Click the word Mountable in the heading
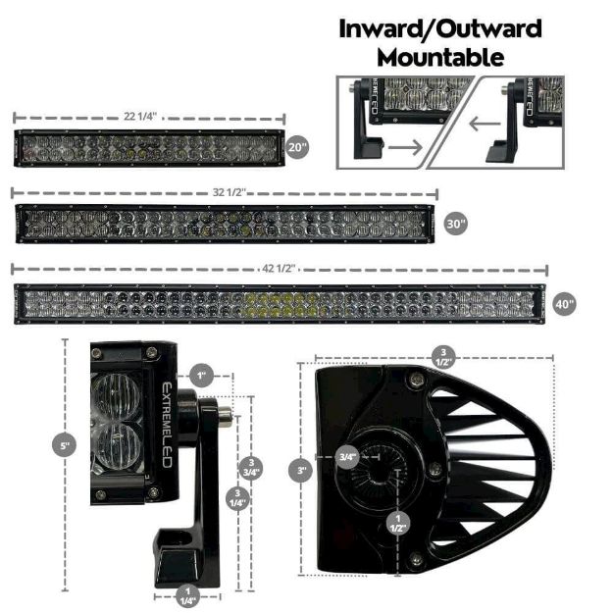click(x=440, y=57)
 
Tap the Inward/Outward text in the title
click(x=440, y=27)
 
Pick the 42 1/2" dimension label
click(x=280, y=268)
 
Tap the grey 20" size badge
click(x=298, y=147)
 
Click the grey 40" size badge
click(x=564, y=303)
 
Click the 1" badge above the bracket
click(x=201, y=376)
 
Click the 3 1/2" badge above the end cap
click(x=443, y=356)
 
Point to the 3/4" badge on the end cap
click(x=347, y=456)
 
